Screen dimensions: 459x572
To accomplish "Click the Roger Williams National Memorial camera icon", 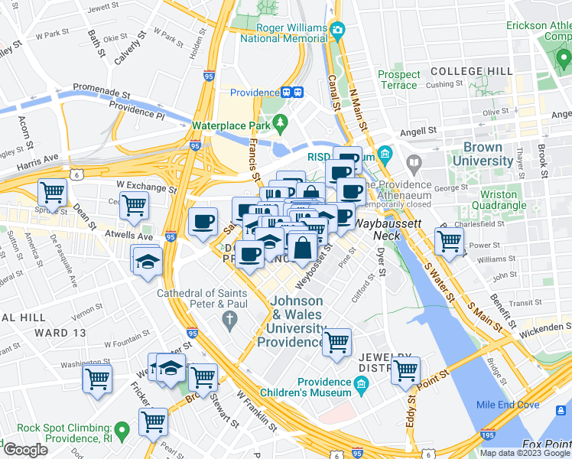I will pos(337,31).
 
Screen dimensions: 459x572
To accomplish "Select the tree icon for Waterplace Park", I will pos(281,122).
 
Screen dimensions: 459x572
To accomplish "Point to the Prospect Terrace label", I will pos(399,80).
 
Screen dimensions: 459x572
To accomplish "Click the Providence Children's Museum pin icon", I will pos(363,388).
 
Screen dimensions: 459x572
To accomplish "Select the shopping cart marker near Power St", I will pos(448,241).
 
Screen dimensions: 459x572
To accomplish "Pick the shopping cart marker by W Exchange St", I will pos(135,204).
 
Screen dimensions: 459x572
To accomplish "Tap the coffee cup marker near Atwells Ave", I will pos(203,222).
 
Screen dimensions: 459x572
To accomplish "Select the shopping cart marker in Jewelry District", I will pos(405,370).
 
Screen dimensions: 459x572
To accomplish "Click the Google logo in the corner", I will pos(24,450).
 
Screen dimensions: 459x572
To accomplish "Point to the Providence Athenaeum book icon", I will pos(414,162).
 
